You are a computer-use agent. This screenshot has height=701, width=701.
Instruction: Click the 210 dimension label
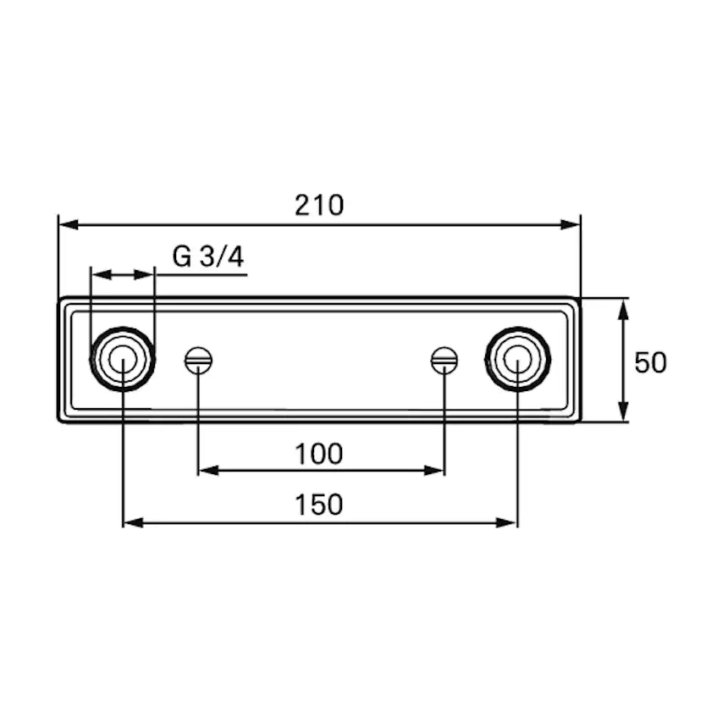(319, 205)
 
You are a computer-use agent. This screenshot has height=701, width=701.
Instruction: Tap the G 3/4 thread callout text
(208, 257)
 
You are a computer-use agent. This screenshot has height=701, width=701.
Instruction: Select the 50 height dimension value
(650, 362)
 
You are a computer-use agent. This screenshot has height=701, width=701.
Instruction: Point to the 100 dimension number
(319, 454)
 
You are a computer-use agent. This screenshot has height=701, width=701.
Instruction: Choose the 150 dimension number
(319, 505)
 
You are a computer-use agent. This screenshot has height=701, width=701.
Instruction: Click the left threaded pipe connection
(123, 360)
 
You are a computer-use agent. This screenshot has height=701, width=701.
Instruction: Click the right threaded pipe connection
(517, 360)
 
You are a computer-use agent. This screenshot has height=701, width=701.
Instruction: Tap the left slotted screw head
(198, 361)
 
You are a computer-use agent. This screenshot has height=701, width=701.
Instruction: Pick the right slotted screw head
(444, 361)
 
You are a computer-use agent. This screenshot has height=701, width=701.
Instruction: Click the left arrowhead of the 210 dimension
(69, 224)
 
